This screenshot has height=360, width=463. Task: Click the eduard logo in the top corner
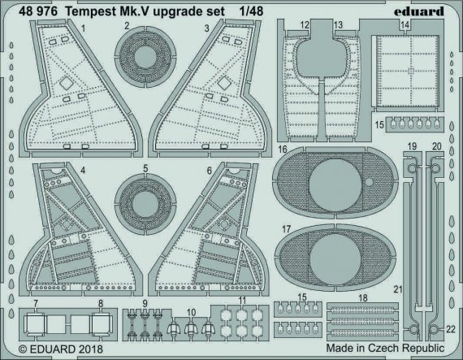click(x=428, y=11)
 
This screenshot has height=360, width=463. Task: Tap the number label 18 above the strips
click(x=361, y=299)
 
